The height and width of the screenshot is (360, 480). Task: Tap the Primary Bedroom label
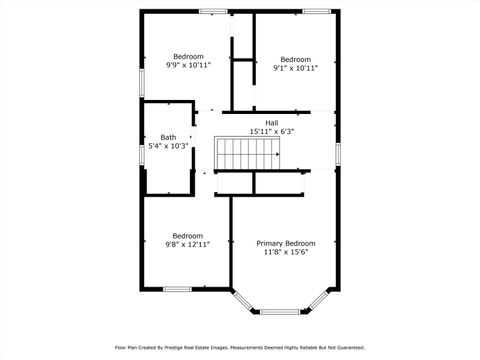pyautogui.click(x=286, y=243)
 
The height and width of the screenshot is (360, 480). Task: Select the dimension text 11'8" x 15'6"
pyautogui.click(x=286, y=252)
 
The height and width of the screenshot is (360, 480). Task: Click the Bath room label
pyautogui.click(x=168, y=137)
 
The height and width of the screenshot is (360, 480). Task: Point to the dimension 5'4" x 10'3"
pyautogui.click(x=168, y=146)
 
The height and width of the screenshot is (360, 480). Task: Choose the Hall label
pyautogui.click(x=272, y=122)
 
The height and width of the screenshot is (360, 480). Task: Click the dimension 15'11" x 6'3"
pyautogui.click(x=272, y=131)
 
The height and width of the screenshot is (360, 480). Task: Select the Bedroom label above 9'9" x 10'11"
pyautogui.click(x=188, y=56)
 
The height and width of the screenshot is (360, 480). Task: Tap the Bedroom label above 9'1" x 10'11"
pyautogui.click(x=295, y=58)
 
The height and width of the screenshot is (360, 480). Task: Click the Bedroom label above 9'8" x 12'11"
pyautogui.click(x=188, y=235)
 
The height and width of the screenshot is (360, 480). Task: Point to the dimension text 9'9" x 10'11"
pyautogui.click(x=188, y=65)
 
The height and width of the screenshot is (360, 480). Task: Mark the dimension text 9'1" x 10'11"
pyautogui.click(x=295, y=67)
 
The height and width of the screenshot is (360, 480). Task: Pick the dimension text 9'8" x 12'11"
pyautogui.click(x=188, y=244)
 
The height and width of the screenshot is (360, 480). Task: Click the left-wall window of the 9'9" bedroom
pyautogui.click(x=141, y=78)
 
